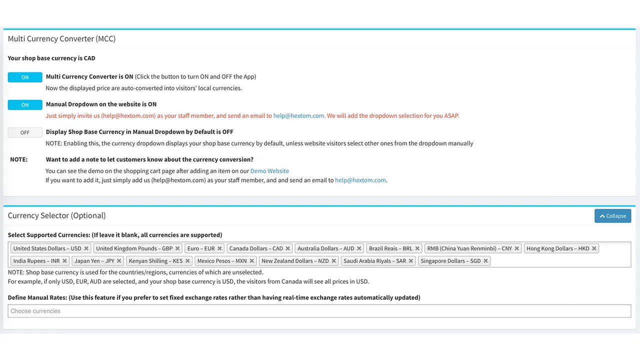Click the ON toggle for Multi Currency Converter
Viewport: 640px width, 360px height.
pos(25,77)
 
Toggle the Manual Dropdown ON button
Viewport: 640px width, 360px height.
pos(25,105)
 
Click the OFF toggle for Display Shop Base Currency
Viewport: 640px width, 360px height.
pos(25,132)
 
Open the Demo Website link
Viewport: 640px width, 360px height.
pos(269,171)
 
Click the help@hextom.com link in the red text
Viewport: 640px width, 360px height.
pos(298,115)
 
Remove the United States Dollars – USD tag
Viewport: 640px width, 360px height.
pos(86,248)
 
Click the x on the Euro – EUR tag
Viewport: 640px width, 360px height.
pos(219,248)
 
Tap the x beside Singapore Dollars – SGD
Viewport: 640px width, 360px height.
pos(485,261)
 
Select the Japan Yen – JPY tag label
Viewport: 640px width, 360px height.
pos(94,261)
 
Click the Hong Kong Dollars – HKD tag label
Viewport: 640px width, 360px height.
pos(557,248)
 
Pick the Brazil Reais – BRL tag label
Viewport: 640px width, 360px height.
pos(390,248)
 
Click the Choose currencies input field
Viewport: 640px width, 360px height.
pos(319,311)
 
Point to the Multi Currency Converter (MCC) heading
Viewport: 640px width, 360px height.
pos(61,38)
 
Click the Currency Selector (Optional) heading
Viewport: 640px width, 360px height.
pos(56,215)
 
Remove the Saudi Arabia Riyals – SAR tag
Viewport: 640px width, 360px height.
pos(411,261)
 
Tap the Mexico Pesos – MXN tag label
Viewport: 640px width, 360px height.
pos(221,261)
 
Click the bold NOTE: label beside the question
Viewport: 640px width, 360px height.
pos(19,159)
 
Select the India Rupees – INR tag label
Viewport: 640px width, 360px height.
pos(36,261)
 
